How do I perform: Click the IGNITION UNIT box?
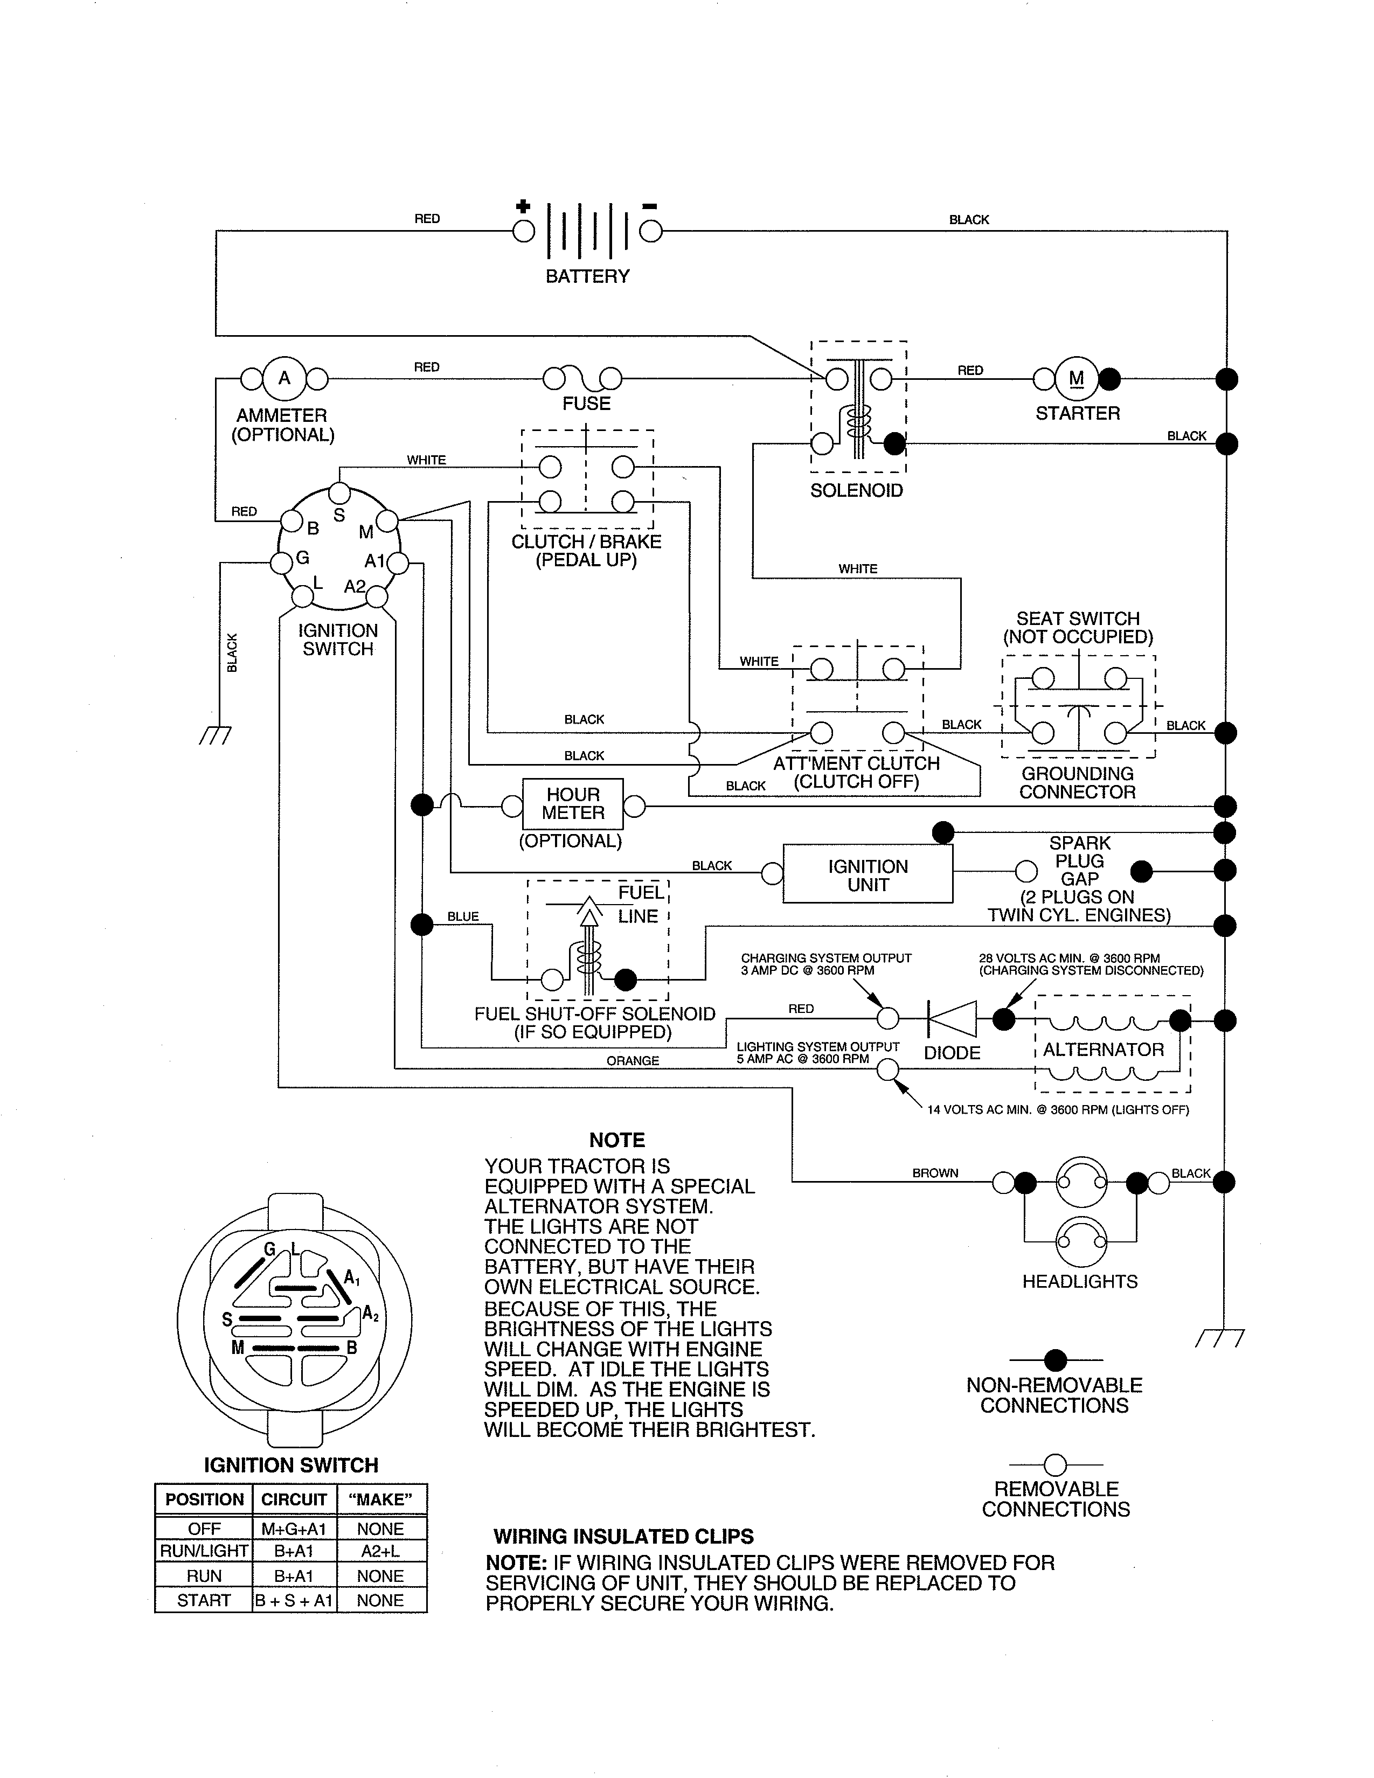pyautogui.click(x=868, y=875)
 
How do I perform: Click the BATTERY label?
pyautogui.click(x=587, y=277)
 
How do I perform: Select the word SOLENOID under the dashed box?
pyautogui.click(x=856, y=490)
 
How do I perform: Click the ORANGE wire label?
pyautogui.click(x=633, y=1061)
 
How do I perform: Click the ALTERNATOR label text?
pyautogui.click(x=1103, y=1050)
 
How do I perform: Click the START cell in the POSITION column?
pyautogui.click(x=204, y=1601)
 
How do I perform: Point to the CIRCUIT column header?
pyautogui.click(x=293, y=1499)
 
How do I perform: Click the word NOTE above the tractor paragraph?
pyautogui.click(x=617, y=1141)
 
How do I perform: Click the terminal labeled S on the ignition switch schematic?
pyautogui.click(x=339, y=494)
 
